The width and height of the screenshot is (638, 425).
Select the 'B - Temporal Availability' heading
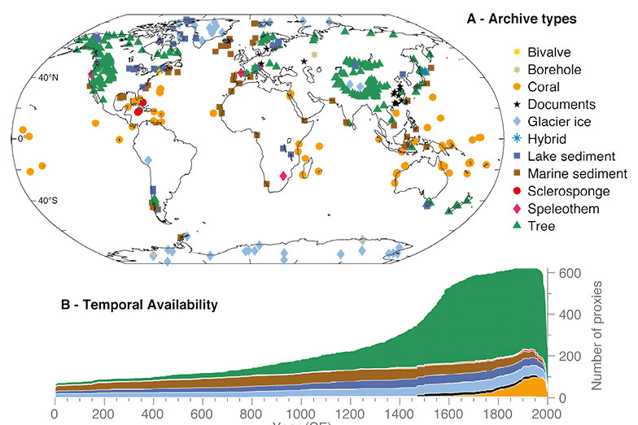point(140,306)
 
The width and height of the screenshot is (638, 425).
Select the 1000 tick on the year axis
point(300,413)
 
